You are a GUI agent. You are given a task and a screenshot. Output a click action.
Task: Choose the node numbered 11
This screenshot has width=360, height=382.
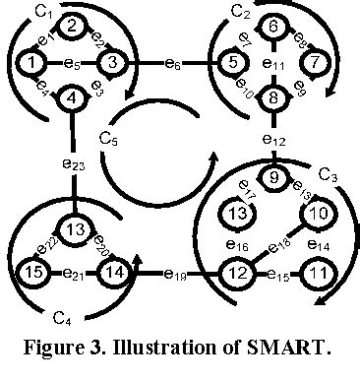tap(315, 268)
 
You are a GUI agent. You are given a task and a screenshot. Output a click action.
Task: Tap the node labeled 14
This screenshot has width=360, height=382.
tap(115, 268)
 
